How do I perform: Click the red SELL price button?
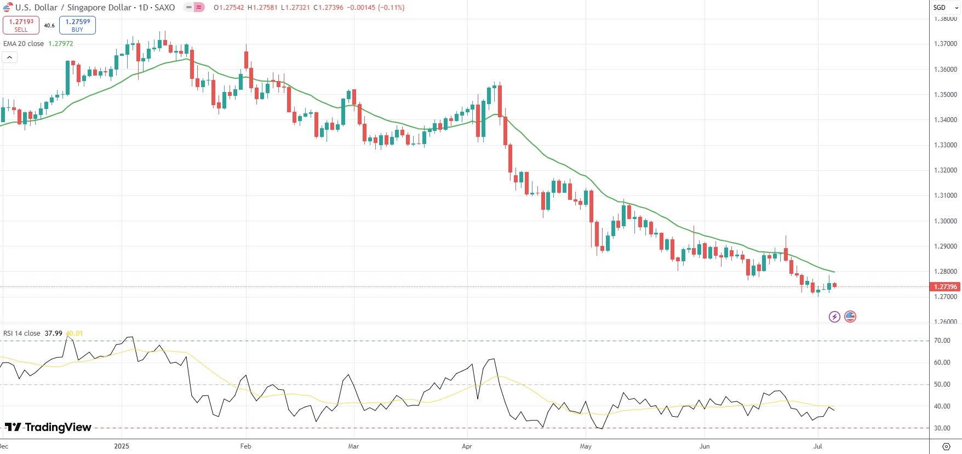[21, 25]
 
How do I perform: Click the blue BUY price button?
[77, 25]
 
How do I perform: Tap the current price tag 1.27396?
[945, 286]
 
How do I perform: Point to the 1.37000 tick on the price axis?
[945, 44]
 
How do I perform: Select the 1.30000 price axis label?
[945, 221]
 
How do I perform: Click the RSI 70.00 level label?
[942, 341]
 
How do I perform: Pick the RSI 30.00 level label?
[942, 428]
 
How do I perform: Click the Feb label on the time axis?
[245, 446]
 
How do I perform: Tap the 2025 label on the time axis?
[122, 446]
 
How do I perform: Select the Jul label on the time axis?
[818, 446]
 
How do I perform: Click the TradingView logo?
[48, 427]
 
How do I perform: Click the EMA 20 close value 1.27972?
[60, 44]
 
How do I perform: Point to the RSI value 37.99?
[54, 334]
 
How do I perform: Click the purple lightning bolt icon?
[834, 317]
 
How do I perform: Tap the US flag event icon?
[850, 317]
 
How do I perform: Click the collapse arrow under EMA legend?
[9, 57]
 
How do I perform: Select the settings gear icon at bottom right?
[946, 446]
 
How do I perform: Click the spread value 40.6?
[49, 26]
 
